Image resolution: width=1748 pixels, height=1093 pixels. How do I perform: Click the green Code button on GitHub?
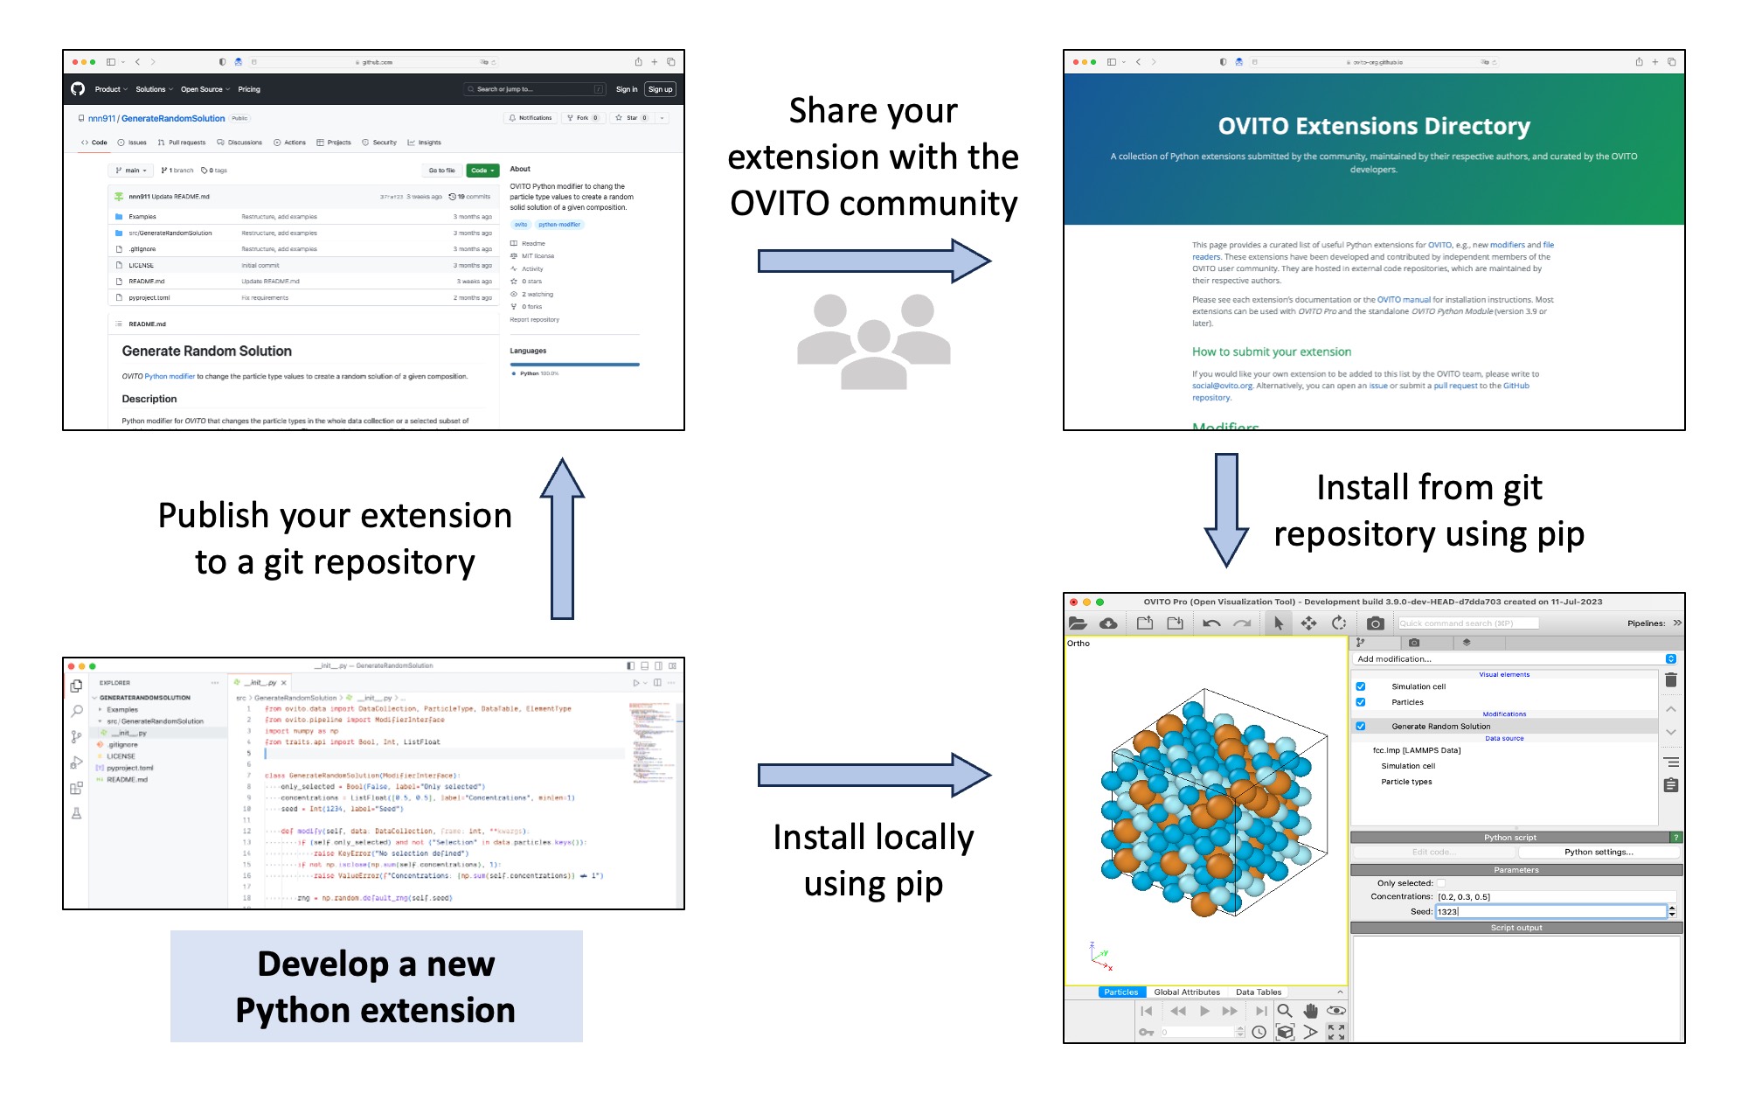coord(482,171)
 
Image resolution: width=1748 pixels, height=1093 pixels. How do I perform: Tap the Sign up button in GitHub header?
coord(660,89)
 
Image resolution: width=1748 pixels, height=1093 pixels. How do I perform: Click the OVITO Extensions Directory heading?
coord(1373,127)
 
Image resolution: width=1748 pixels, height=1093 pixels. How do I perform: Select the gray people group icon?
coord(873,342)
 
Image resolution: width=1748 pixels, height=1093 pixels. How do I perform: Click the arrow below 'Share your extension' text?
coord(873,261)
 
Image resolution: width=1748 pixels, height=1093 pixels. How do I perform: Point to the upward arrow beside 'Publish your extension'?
coord(562,538)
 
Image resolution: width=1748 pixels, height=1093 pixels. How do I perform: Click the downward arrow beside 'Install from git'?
coord(1226,510)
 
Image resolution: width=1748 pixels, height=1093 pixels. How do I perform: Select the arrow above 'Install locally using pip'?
coord(873,775)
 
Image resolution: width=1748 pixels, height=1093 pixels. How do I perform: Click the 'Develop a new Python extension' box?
coord(376,986)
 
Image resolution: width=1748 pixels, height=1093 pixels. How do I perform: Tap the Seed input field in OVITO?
coord(1550,911)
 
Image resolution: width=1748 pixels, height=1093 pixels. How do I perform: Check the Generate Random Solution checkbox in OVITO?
coord(1361,726)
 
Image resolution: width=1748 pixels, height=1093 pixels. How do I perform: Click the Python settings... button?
coord(1598,852)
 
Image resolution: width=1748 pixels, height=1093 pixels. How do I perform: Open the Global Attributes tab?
coord(1186,992)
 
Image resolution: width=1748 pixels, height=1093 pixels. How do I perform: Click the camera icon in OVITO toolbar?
coord(1375,623)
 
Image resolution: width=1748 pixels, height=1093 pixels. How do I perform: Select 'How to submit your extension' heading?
coord(1271,352)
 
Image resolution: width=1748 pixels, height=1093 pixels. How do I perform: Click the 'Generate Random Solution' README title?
coord(207,351)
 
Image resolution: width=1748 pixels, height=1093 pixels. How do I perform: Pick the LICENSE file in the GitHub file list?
coord(141,265)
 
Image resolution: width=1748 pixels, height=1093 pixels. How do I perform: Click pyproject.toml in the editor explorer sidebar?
coord(129,768)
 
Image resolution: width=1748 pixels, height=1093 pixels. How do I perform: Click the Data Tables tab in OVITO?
coord(1258,992)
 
